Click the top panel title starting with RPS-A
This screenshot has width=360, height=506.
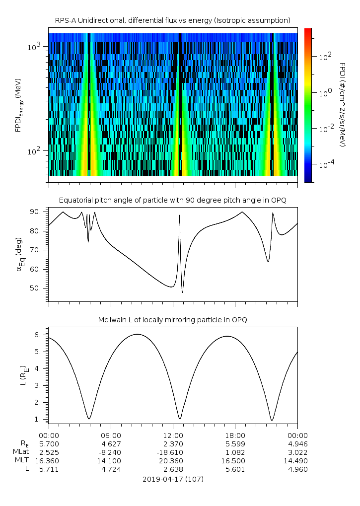click(x=172, y=20)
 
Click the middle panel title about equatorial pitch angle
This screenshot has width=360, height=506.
click(x=172, y=200)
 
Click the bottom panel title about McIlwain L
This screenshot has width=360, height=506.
click(x=172, y=319)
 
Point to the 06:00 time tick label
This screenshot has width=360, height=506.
click(x=111, y=435)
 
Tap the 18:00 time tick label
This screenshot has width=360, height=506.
click(x=235, y=435)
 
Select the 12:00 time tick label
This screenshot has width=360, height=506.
click(x=173, y=435)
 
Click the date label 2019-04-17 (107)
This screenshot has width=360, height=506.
click(x=173, y=479)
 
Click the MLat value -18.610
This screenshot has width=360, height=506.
click(x=173, y=452)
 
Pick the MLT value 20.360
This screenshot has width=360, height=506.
click(x=173, y=461)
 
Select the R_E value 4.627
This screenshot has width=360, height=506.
click(x=111, y=444)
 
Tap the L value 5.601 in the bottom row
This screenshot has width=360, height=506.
click(x=235, y=469)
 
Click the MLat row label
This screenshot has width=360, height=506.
click(x=22, y=452)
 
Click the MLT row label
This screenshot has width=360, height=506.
click(x=22, y=461)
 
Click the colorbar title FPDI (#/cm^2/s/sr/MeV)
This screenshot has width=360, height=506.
click(x=342, y=105)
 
